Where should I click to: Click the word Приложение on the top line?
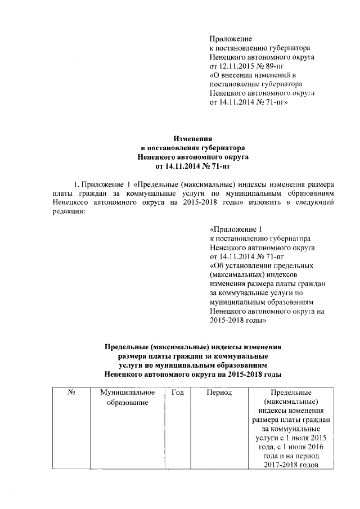[230, 39]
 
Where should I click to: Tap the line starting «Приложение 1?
[236, 229]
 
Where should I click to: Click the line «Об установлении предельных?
[261, 265]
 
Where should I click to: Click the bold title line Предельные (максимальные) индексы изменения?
[193, 347]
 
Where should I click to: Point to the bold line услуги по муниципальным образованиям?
[193, 365]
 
